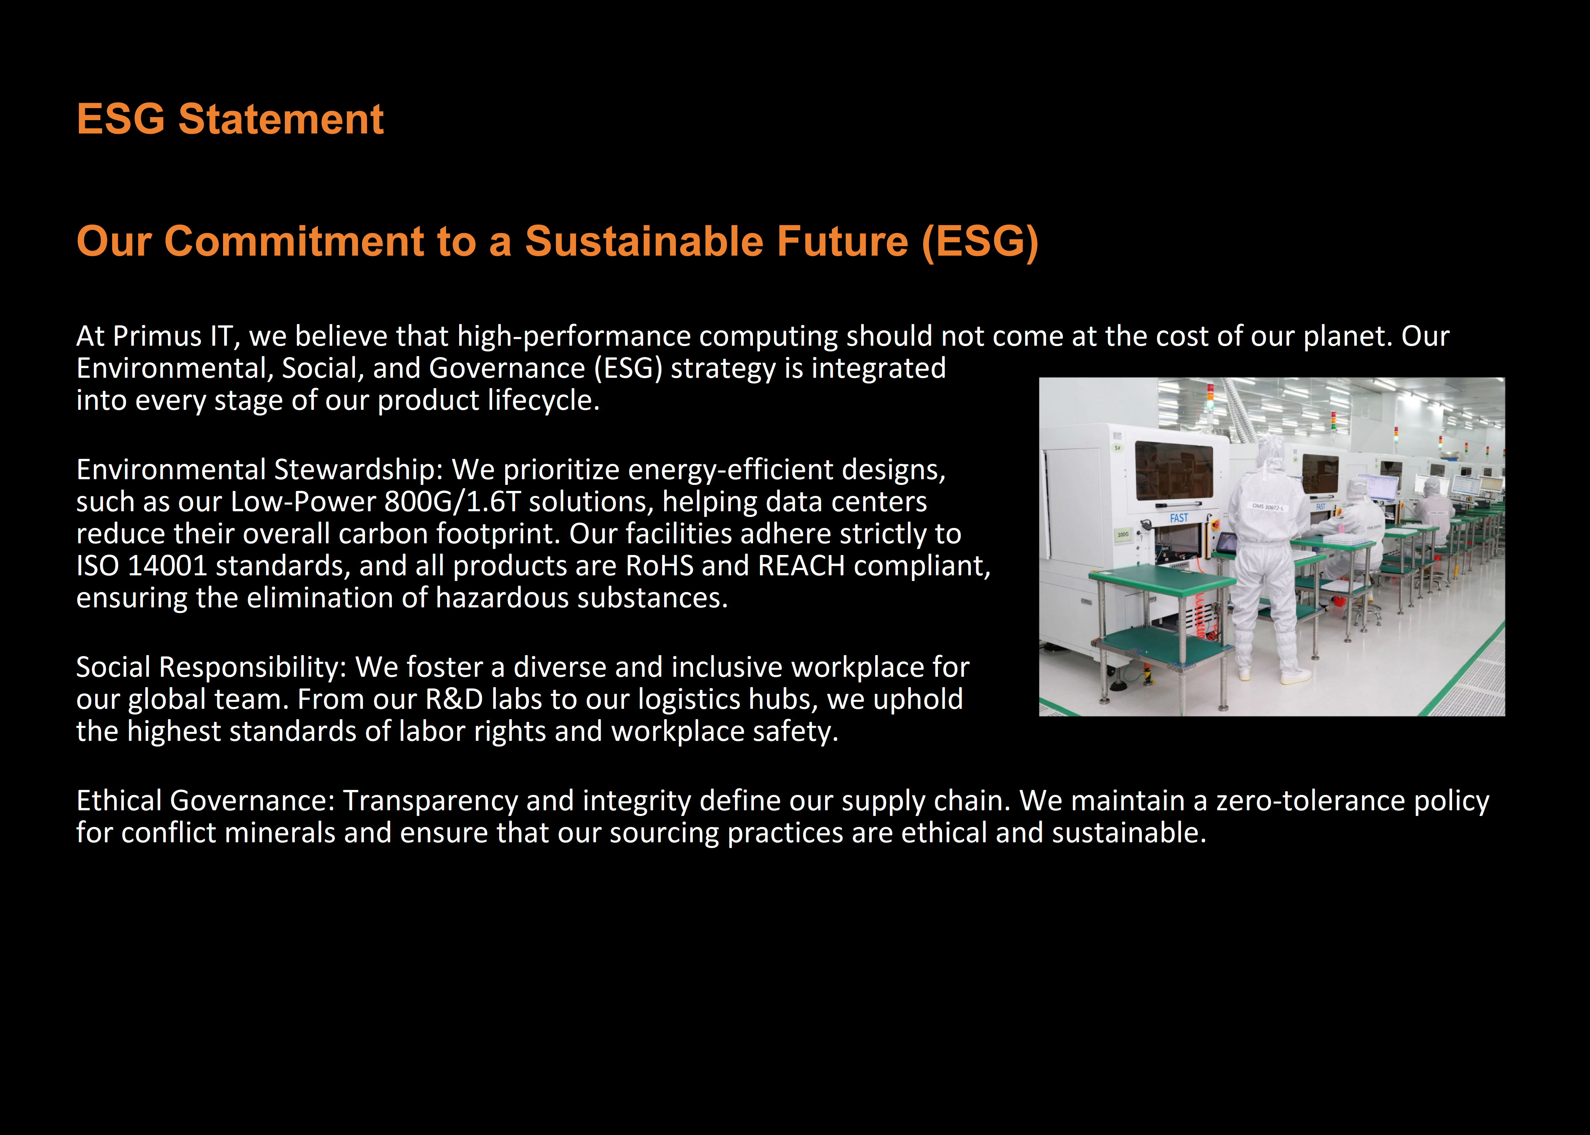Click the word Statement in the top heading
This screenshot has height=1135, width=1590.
point(281,119)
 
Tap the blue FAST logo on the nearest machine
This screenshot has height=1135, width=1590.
point(1179,518)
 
